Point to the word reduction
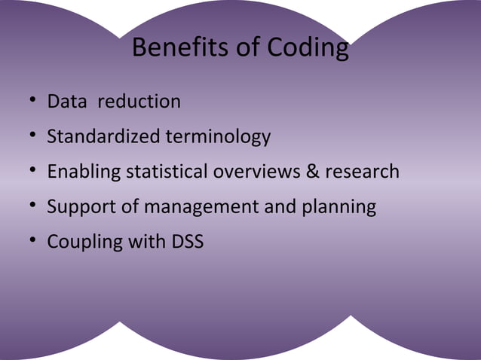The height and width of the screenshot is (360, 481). [x=139, y=101]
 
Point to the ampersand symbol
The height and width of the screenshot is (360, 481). [x=312, y=172]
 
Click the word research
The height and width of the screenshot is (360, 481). [x=362, y=172]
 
